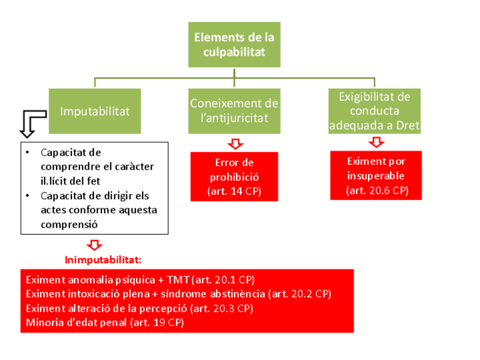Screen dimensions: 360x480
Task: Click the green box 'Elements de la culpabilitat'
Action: (234, 45)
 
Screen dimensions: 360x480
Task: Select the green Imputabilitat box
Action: (95, 111)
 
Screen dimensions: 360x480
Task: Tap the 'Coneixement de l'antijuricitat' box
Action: (234, 111)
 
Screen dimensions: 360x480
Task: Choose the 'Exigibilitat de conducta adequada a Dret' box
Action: (374, 111)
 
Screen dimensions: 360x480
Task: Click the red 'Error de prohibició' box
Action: (234, 177)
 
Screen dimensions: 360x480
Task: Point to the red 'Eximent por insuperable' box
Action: (376, 175)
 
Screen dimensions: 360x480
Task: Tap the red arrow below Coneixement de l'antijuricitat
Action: (234, 144)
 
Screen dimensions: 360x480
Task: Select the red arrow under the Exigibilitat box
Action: (376, 142)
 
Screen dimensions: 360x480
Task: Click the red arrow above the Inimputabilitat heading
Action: (95, 245)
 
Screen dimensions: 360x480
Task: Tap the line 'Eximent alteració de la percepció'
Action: (139, 308)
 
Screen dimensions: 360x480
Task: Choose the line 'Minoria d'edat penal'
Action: (105, 323)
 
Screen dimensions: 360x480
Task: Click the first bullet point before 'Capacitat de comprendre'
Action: (28, 153)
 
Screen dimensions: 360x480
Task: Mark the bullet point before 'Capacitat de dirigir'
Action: (28, 196)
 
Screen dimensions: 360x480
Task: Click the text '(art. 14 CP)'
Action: (234, 191)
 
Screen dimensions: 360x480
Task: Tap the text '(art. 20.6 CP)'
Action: (376, 190)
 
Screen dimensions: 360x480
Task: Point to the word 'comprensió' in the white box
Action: (68, 224)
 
